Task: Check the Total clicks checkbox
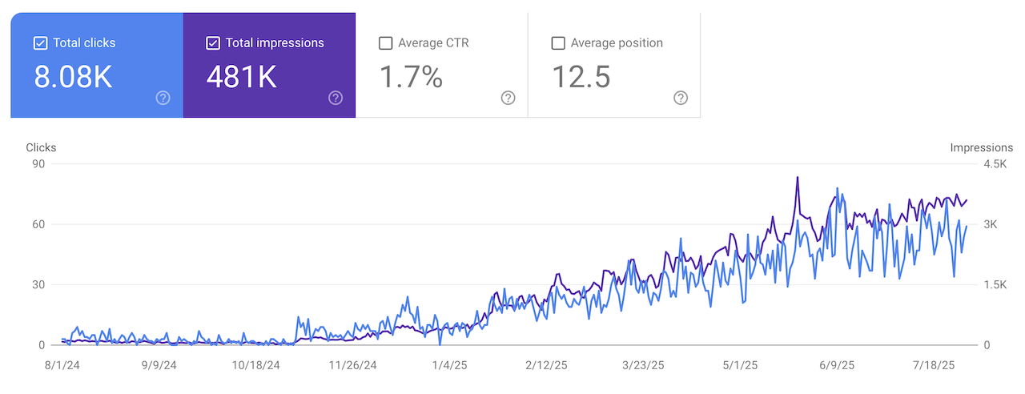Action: point(41,43)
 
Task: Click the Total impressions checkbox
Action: point(213,43)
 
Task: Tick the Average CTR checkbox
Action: point(385,43)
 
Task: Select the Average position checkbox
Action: point(558,43)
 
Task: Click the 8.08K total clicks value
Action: point(73,77)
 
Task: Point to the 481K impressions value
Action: point(242,77)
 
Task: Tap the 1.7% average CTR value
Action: point(411,77)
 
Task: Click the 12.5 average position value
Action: point(581,77)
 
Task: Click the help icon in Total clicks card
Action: point(163,98)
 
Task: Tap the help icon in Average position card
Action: point(681,98)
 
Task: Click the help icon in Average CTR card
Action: point(508,98)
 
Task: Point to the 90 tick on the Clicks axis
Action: point(37,164)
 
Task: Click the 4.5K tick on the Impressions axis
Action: point(995,164)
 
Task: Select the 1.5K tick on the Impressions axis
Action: point(995,285)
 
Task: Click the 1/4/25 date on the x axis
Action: point(448,365)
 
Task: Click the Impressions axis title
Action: point(981,148)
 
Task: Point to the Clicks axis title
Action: point(42,148)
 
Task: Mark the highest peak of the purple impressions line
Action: point(798,178)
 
